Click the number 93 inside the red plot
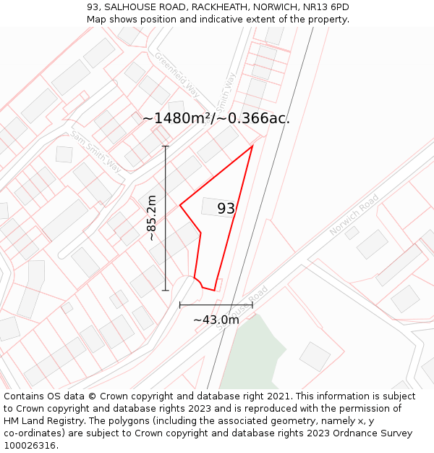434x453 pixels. (x=226, y=209)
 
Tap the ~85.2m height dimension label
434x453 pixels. (x=152, y=217)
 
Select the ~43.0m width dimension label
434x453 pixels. (x=216, y=320)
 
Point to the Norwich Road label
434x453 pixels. (x=354, y=215)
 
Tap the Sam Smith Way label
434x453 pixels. (x=96, y=151)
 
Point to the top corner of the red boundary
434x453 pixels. (x=252, y=146)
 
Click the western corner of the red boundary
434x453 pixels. (x=180, y=205)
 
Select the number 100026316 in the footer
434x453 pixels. (x=30, y=445)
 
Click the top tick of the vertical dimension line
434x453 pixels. (x=166, y=146)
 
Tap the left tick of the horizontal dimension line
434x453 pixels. (x=180, y=305)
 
